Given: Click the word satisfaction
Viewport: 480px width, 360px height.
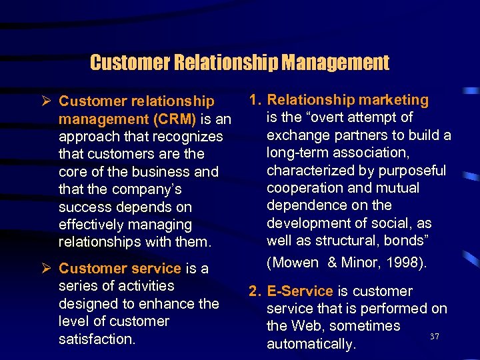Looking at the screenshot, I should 97,339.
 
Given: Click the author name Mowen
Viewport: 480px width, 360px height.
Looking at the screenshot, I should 293,263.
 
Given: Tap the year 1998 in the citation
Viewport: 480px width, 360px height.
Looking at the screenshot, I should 403,263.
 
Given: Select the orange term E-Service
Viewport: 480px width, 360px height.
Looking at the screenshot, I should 299,291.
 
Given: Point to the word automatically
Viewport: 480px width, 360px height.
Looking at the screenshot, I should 311,344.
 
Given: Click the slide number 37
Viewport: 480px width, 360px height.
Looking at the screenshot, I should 434,337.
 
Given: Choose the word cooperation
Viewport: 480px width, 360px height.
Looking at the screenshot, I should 306,188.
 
